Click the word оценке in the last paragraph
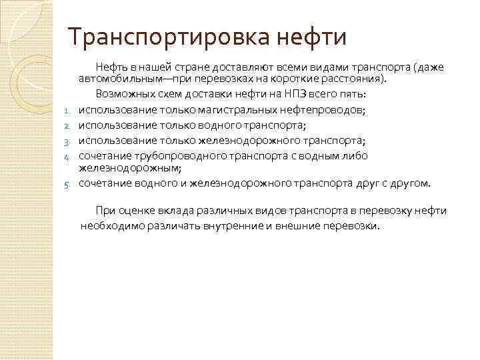coord(136,211)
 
